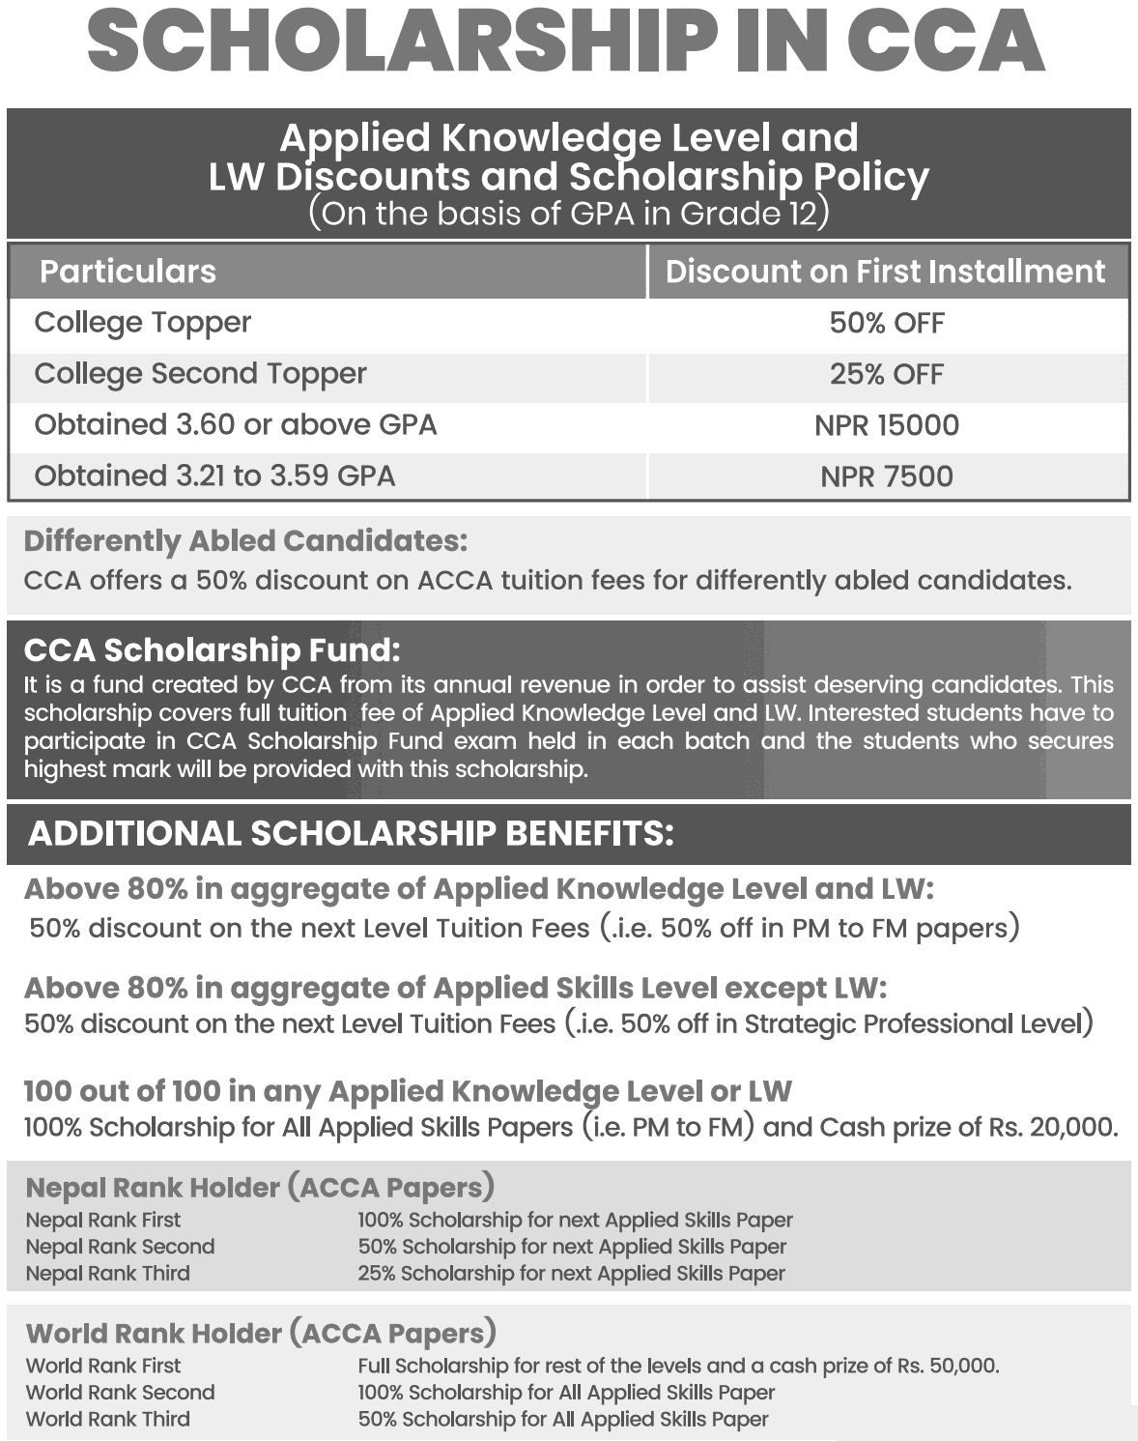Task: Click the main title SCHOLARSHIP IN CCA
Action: pos(566,43)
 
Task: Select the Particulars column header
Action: pos(128,272)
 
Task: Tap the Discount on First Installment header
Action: pos(885,272)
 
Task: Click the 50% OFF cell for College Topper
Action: pos(887,323)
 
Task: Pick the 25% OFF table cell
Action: pos(887,374)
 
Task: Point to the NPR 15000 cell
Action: pos(887,425)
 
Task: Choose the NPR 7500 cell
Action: pos(887,476)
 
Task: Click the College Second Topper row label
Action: pos(200,374)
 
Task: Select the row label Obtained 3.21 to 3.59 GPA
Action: pos(214,476)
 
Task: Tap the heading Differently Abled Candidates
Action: pos(245,541)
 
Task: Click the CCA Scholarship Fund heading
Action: pos(212,650)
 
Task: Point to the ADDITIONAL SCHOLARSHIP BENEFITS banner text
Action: pos(351,834)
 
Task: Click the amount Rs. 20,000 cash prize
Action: pos(1052,1128)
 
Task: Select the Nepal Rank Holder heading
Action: pos(260,1188)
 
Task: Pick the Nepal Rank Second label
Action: pos(120,1247)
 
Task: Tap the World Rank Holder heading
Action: pos(261,1334)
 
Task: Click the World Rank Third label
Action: pos(108,1420)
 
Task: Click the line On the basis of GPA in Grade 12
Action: pos(568,214)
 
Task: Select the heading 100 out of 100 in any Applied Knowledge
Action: pos(407,1092)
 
